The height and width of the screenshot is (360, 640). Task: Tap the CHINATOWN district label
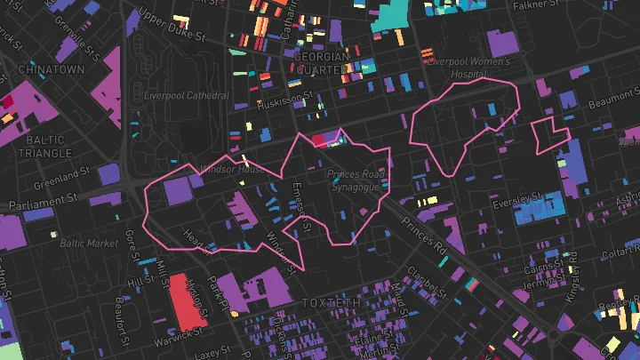pyautogui.click(x=51, y=68)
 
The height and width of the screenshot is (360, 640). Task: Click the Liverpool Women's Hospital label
pyautogui.click(x=468, y=69)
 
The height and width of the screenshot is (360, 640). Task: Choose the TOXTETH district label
pyautogui.click(x=332, y=303)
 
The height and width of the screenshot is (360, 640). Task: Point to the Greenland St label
pyautogui.click(x=63, y=179)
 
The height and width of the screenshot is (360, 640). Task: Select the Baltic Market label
pyautogui.click(x=89, y=242)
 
